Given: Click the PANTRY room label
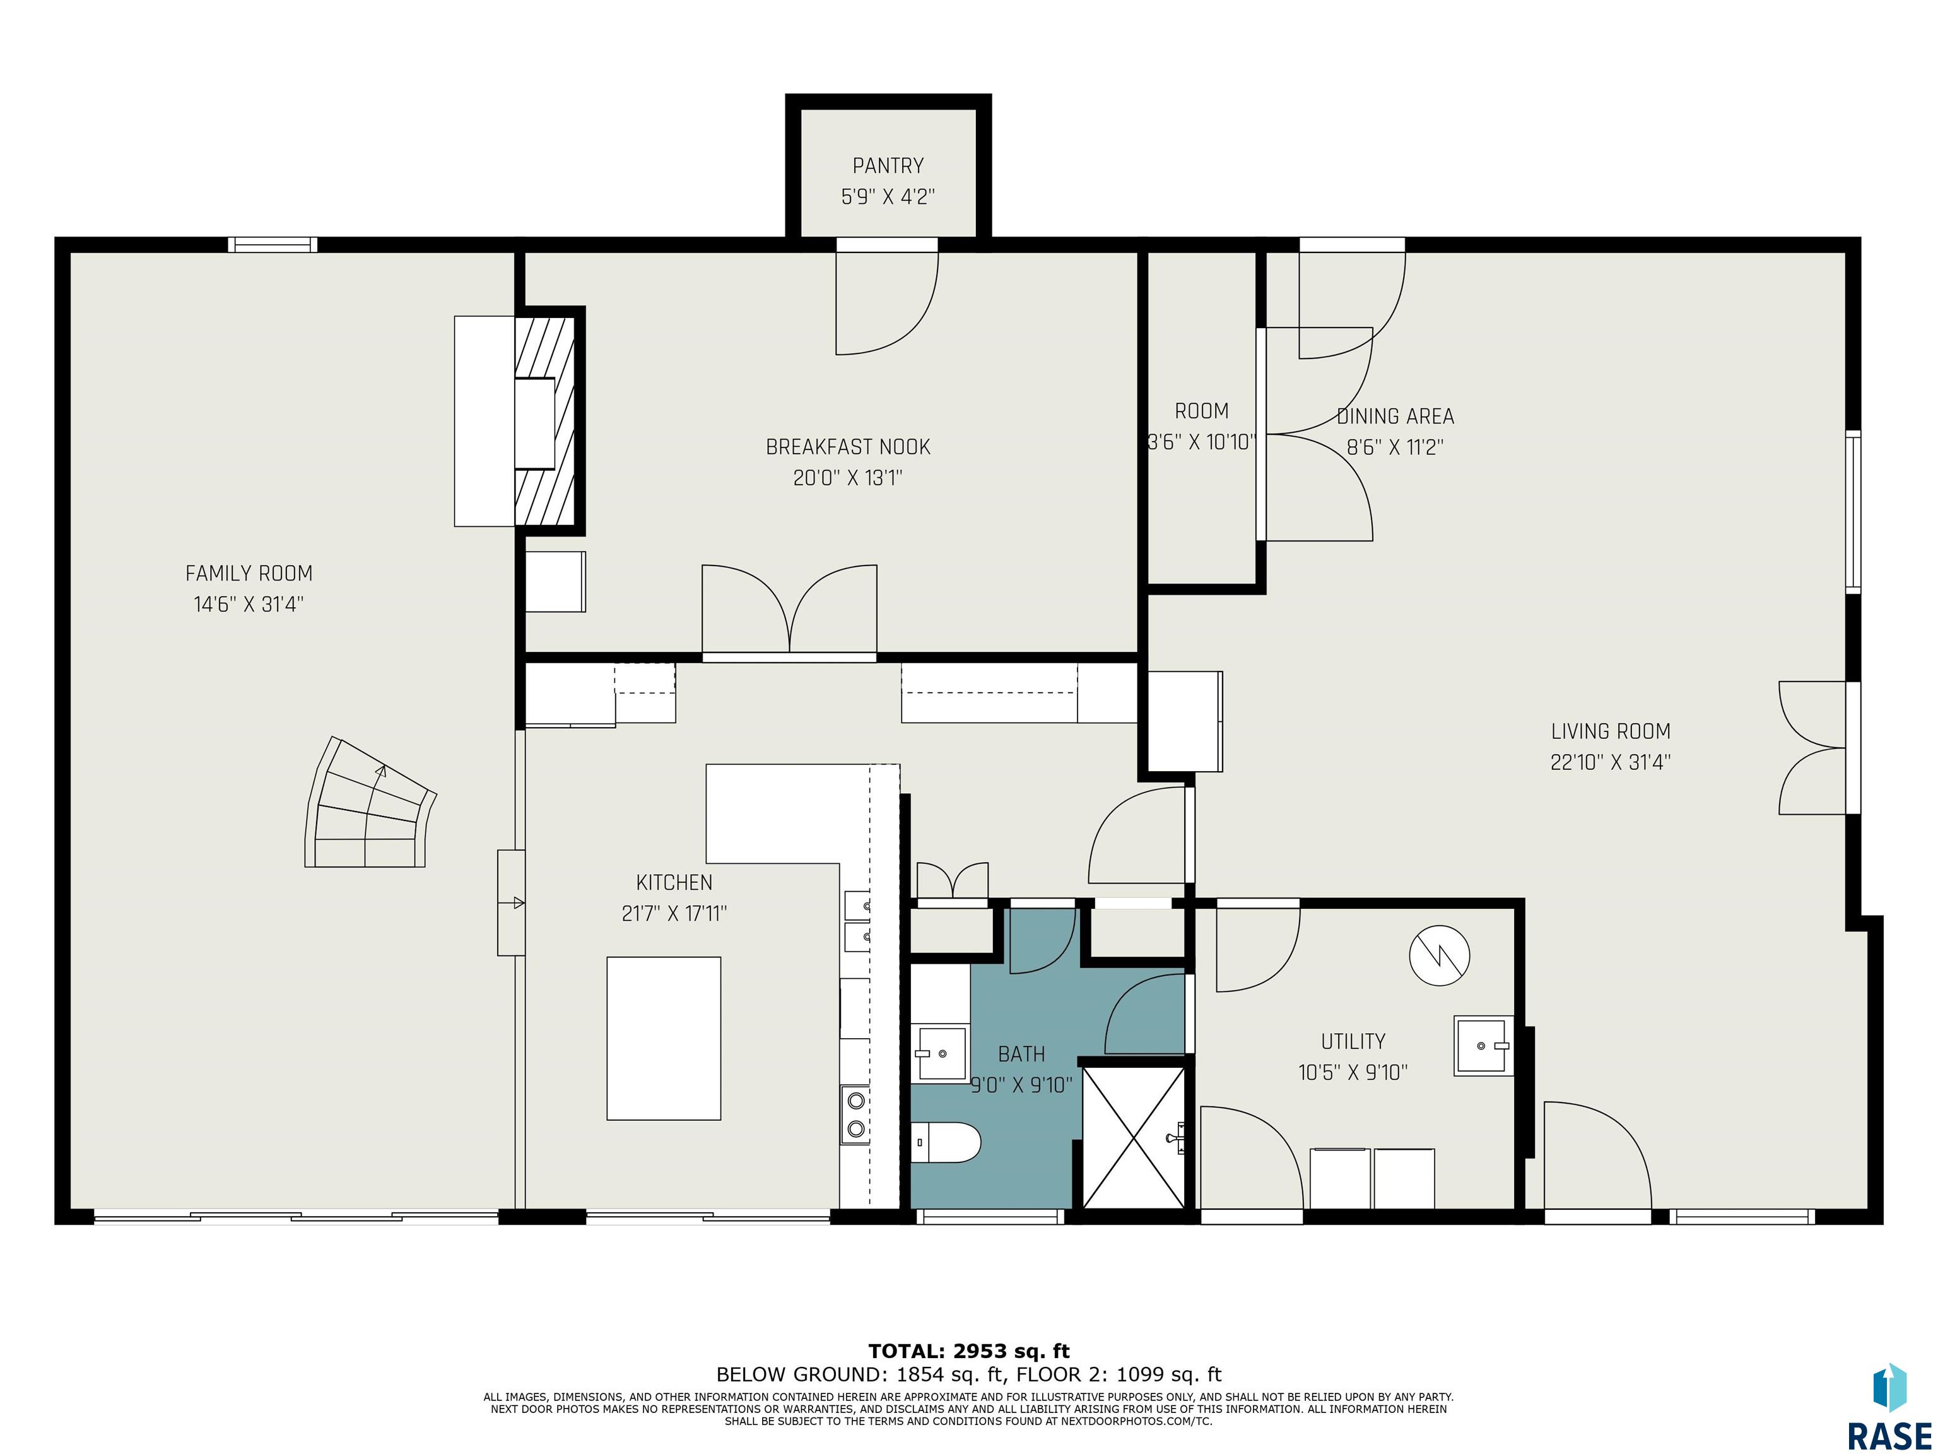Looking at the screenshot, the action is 888,165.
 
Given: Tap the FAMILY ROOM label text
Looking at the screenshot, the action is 249,573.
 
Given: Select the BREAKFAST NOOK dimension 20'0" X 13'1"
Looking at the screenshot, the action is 847,478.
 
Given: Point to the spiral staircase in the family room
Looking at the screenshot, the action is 370,802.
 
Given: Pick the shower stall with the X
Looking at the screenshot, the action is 1134,1137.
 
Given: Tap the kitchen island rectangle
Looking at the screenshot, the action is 664,1039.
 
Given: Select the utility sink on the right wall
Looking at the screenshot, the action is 1483,1046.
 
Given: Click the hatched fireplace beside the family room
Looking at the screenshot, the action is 545,421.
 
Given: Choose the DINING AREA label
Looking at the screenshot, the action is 1395,417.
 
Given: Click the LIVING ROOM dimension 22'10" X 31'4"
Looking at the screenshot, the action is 1611,762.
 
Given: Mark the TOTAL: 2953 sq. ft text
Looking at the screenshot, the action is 969,1351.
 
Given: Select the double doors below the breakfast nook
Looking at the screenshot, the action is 789,610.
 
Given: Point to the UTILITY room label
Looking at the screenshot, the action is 1353,1041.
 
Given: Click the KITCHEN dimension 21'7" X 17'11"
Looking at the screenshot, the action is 674,913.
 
